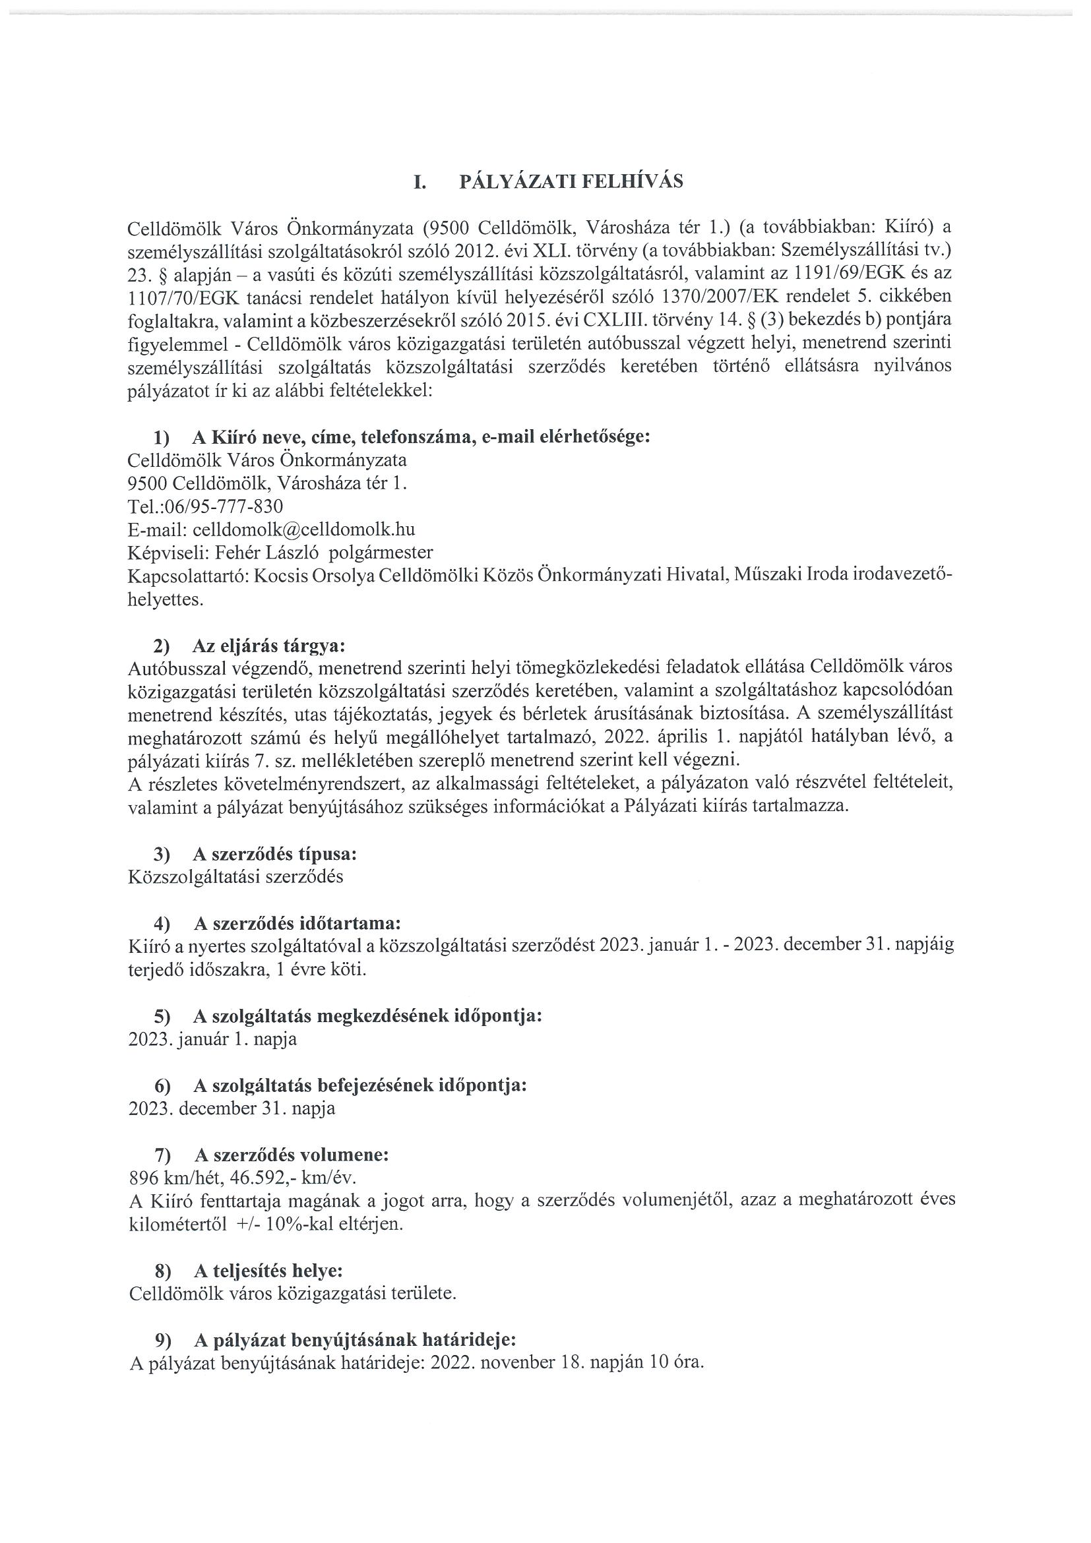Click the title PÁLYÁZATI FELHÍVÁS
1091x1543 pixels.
pyautogui.click(x=571, y=182)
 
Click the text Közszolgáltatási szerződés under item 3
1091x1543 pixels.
pyautogui.click(x=235, y=877)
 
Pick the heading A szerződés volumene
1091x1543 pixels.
pyautogui.click(x=291, y=1155)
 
